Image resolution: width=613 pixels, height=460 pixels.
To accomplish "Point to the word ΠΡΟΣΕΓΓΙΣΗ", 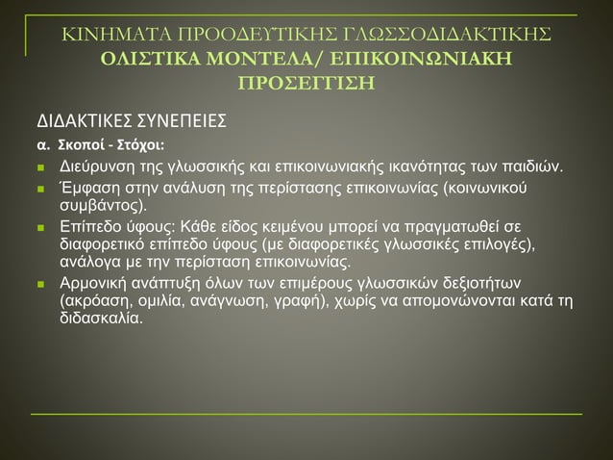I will point(306,81).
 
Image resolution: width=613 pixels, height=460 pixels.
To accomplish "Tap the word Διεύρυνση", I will point(93,170).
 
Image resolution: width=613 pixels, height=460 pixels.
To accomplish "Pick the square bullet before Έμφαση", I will point(39,189).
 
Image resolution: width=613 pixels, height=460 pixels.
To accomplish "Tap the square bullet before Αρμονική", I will point(39,284).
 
